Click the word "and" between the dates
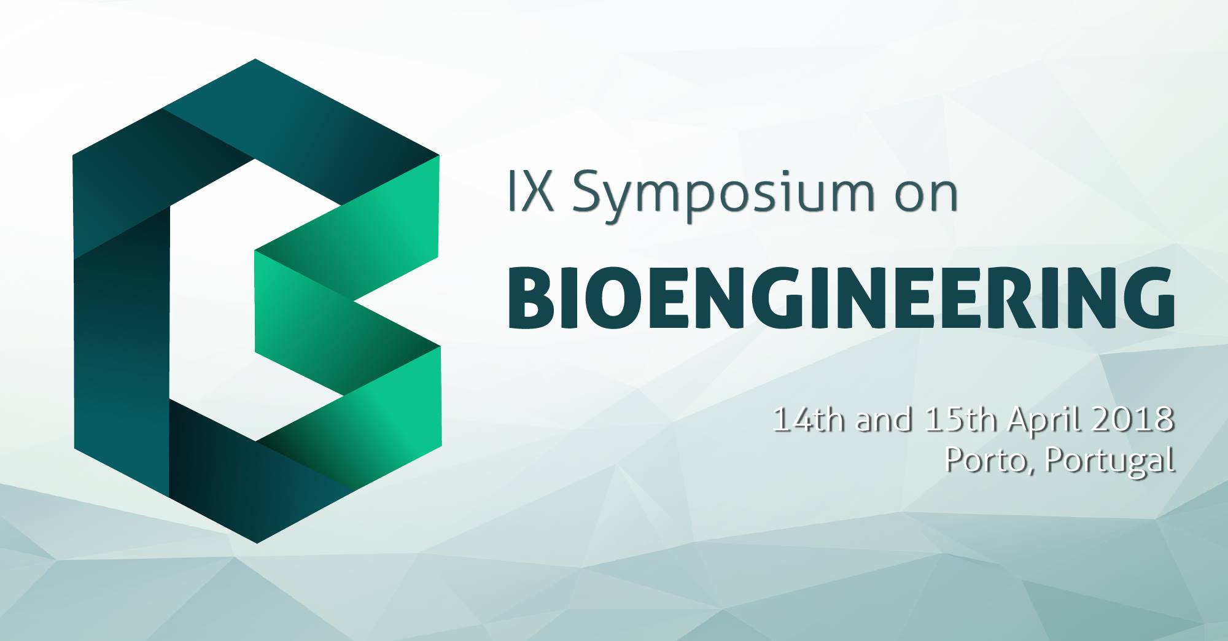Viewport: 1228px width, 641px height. click(884, 420)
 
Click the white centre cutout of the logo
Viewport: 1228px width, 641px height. click(212, 301)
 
